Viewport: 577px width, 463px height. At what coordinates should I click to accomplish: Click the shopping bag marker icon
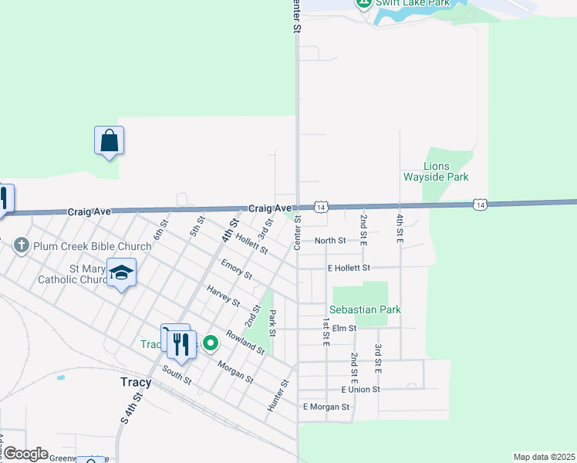point(110,141)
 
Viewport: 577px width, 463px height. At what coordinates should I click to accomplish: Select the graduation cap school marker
point(121,272)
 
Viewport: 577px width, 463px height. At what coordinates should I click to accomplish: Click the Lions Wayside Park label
point(436,171)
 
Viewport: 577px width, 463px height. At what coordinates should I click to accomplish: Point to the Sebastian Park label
point(367,309)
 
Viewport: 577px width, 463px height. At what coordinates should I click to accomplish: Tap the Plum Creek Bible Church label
point(92,247)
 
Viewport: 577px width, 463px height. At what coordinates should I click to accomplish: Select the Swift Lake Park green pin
point(363,3)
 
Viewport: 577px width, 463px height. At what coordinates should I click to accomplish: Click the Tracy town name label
point(137,382)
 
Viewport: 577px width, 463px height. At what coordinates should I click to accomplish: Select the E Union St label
point(353,389)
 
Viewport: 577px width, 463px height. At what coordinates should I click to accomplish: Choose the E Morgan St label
point(326,406)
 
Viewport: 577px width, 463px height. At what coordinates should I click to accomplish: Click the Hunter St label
point(278,395)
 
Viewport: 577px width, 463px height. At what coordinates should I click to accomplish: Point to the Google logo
point(25,454)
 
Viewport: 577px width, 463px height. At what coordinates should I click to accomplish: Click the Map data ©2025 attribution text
point(544,457)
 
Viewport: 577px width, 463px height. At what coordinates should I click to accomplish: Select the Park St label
point(272,323)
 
